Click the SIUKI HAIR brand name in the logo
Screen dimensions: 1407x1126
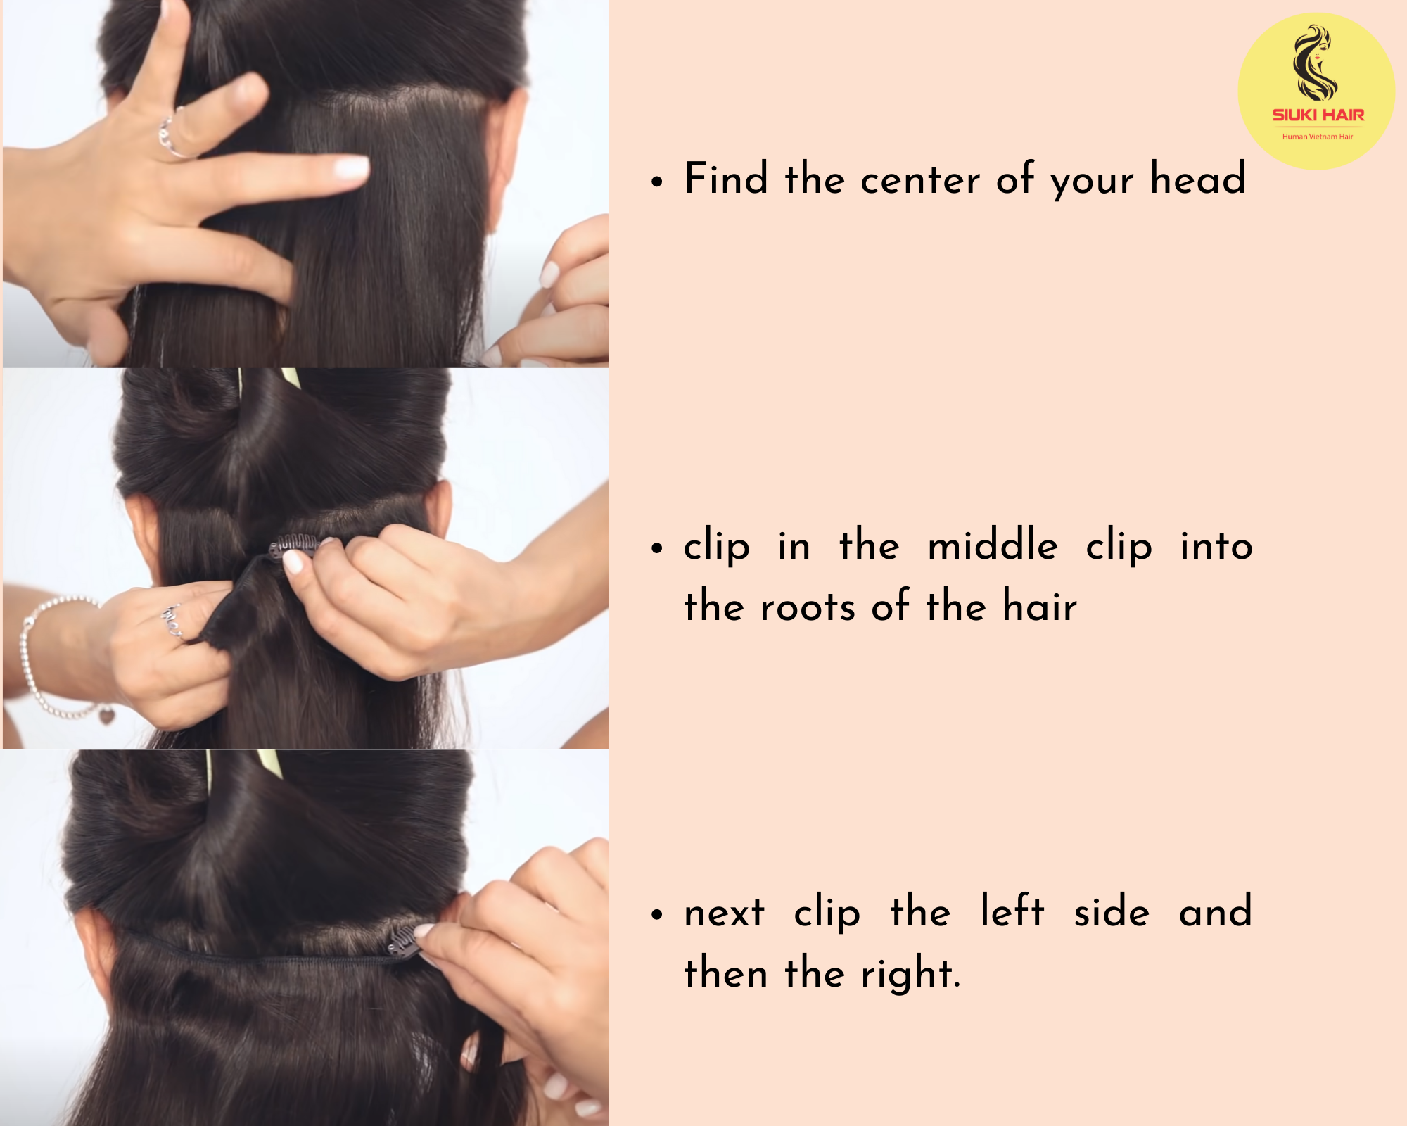pyautogui.click(x=1318, y=115)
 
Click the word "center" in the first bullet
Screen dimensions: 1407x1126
pyautogui.click(x=920, y=180)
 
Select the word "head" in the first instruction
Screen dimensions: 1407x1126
pyautogui.click(x=1197, y=177)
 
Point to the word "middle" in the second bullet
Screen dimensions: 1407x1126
pyautogui.click(x=993, y=545)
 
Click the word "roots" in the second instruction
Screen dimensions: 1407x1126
pyautogui.click(x=808, y=607)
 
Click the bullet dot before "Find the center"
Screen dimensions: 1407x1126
pyautogui.click(x=657, y=182)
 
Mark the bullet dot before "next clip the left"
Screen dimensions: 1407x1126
pyautogui.click(x=657, y=915)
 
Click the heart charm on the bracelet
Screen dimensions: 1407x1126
pyautogui.click(x=106, y=716)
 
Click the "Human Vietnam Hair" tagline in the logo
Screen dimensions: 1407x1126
pyautogui.click(x=1318, y=137)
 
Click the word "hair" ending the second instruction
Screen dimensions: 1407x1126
pyautogui.click(x=1040, y=606)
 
